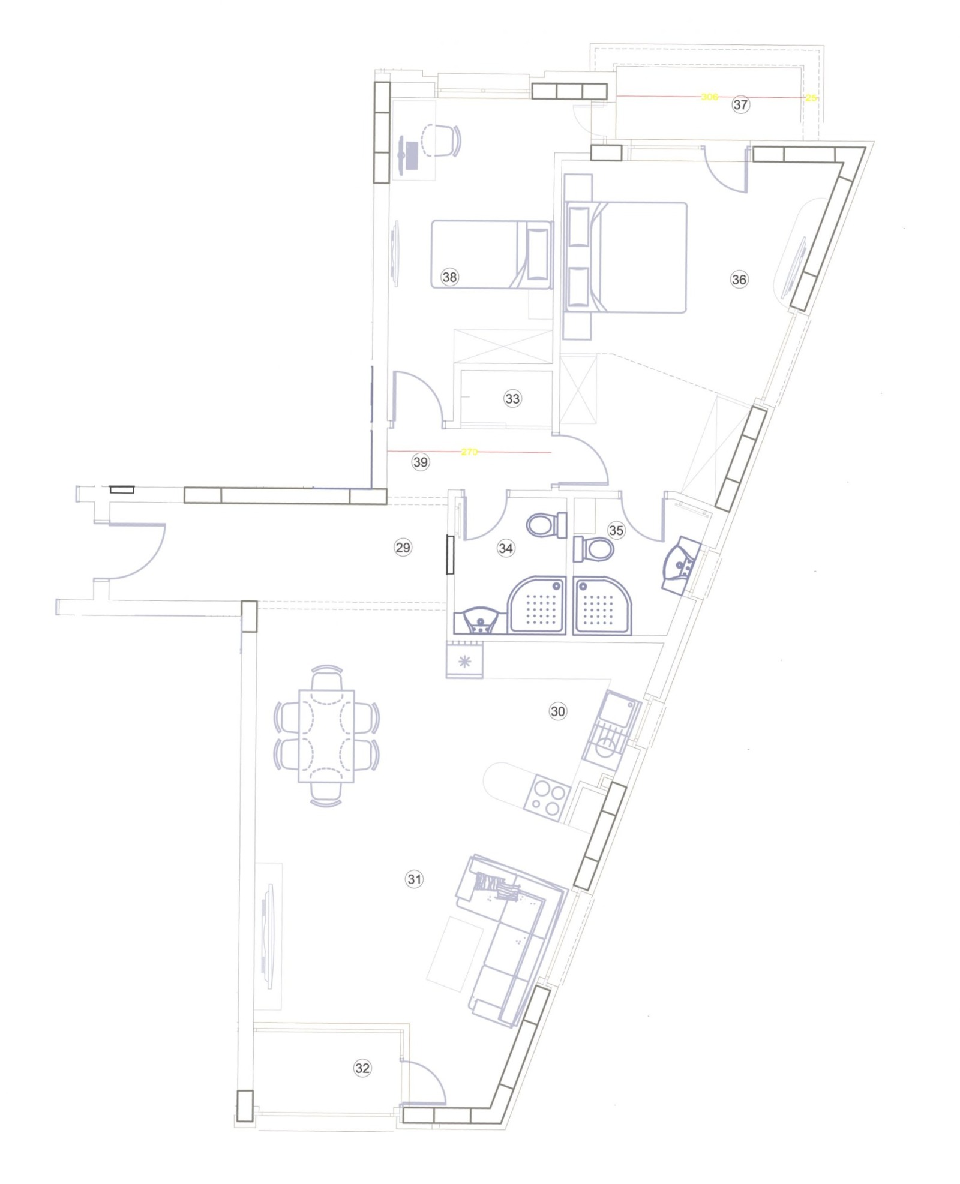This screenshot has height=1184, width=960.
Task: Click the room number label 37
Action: tap(740, 104)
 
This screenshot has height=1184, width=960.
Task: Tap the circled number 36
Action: tap(739, 279)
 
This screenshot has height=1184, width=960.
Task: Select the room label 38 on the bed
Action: tap(449, 277)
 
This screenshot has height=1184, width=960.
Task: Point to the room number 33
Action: tap(512, 398)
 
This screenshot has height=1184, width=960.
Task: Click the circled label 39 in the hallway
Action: tap(421, 462)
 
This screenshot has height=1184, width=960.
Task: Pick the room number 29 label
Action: tap(403, 547)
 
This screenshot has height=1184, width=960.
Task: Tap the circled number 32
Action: tap(362, 1068)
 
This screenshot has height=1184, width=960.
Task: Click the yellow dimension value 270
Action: tap(469, 452)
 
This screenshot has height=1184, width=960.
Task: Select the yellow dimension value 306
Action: tap(709, 97)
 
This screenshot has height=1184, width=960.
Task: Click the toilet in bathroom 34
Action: tap(545, 525)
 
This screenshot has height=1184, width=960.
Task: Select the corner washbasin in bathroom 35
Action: tap(680, 564)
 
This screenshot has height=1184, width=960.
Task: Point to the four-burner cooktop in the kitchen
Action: tap(545, 798)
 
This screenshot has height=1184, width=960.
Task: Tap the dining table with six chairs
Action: tap(326, 736)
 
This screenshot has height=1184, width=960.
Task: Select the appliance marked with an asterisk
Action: tap(464, 662)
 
